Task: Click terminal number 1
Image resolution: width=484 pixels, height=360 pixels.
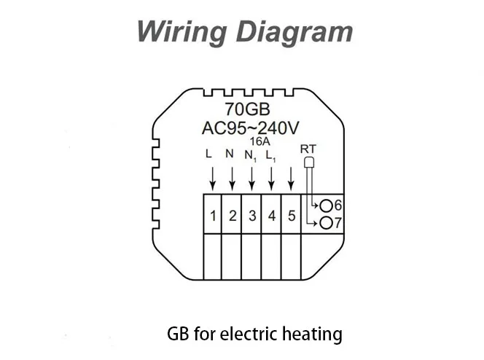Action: tap(212, 216)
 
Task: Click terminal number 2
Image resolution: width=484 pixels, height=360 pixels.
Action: tap(232, 216)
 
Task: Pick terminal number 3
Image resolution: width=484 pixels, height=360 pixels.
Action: tap(251, 216)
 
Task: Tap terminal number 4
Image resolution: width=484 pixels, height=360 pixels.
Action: tap(271, 216)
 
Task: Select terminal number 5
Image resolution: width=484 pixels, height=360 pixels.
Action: tap(291, 216)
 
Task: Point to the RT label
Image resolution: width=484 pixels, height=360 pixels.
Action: tap(308, 149)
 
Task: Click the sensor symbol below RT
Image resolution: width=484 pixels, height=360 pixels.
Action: tap(308, 164)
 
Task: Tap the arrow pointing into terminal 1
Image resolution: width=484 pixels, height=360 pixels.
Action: tap(212, 178)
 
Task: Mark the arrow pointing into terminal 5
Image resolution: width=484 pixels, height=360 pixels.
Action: tap(291, 178)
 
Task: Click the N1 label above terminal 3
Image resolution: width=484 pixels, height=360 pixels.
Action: tap(251, 155)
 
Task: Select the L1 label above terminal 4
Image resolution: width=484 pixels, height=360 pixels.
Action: tap(270, 155)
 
